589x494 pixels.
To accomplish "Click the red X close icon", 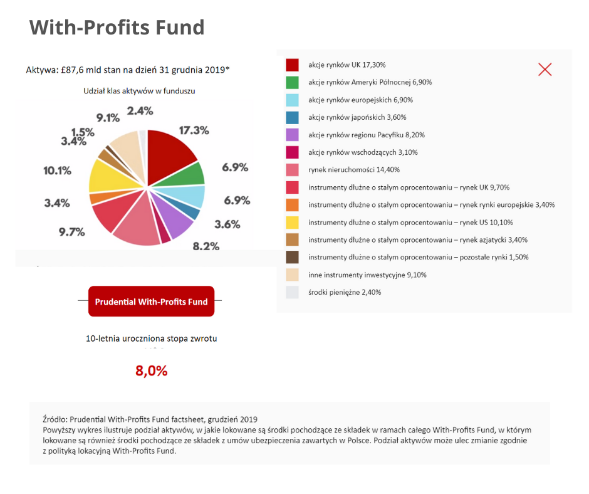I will pos(545,70).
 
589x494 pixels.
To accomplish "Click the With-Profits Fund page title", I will pos(117,28).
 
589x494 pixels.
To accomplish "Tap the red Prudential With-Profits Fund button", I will pos(151,302).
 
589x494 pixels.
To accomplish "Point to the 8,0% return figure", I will pos(152,370).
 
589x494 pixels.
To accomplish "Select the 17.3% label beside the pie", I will pos(194,130).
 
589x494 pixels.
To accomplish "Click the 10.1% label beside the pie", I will pos(57,170).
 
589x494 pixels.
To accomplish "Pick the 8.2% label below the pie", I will pos(206,246).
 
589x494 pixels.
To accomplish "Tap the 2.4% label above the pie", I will pos(140,111).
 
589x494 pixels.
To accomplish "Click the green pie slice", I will pos(190,174).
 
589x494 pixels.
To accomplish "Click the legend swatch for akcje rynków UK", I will pos(293,65).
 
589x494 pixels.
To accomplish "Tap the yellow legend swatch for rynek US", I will pos(293,222).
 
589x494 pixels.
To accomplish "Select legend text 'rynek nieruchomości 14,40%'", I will pos(354,170).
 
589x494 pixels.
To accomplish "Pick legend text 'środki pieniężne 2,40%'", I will pos(345,292).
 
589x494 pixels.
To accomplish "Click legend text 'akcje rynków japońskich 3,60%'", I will pos(357,117).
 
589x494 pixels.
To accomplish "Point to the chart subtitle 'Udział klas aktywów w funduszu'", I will pos(139,91).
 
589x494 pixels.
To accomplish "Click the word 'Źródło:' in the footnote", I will pos(55,419).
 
